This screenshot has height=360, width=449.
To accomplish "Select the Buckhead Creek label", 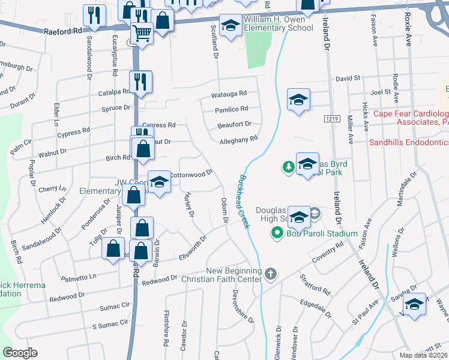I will tap(244, 201).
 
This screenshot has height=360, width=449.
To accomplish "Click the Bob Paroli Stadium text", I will tap(322, 233).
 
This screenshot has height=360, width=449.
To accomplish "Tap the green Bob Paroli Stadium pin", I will tap(277, 233).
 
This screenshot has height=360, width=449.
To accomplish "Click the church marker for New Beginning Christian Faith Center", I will tap(271, 274).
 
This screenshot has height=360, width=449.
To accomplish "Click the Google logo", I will tap(20, 353).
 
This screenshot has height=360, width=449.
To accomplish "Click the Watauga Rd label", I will tap(229, 94).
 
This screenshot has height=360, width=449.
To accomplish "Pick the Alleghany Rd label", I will tap(239, 139).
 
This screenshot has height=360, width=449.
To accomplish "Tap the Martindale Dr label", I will tap(406, 188).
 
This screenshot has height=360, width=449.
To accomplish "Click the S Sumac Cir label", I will tap(110, 325).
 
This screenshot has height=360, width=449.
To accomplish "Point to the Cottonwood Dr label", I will tap(191, 173).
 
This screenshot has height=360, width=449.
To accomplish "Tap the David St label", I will tap(347, 78).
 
